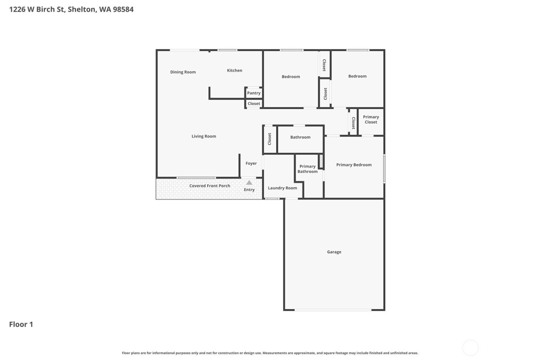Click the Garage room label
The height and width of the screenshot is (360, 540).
coord(334,252)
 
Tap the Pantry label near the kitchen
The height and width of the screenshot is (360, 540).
coord(254,93)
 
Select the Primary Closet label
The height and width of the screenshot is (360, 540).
coord(371,120)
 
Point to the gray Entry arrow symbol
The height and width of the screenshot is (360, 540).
coord(249,183)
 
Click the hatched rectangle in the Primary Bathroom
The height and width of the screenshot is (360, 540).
coord(321,161)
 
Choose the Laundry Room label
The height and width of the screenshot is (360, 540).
coord(282,188)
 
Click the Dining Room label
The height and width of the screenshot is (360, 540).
coord(183,72)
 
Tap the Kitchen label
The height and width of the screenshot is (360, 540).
coord(235,70)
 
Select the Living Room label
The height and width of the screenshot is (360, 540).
coord(204,136)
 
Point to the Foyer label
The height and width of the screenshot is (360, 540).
coord(251,164)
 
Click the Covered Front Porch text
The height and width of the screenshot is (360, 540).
coord(209,186)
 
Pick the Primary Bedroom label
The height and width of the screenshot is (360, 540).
coord(354,165)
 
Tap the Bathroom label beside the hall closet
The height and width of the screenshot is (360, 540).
coord(300,137)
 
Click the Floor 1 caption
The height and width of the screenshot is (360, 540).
coord(21,325)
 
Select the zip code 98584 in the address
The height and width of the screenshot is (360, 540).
coord(123,9)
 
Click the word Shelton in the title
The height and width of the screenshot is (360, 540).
coord(81,9)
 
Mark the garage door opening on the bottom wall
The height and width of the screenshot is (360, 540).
coord(333,310)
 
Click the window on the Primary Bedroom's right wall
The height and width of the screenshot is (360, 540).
coord(384,169)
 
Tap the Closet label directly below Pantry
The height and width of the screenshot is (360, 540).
coord(254,104)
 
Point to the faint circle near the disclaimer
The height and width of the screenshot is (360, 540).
coord(470,348)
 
